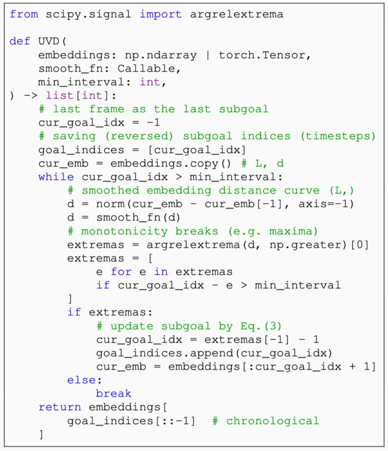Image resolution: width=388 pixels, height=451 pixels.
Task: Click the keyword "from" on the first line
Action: coord(24,14)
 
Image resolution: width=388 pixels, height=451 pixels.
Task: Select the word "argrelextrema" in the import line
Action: coord(237,15)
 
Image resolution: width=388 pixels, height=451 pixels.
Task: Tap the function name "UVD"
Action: coord(48,41)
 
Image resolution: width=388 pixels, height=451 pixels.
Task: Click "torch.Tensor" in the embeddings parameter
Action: coord(262,55)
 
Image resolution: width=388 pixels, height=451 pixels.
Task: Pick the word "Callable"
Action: coord(146,68)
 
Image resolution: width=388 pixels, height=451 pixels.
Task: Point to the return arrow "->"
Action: coord(31,96)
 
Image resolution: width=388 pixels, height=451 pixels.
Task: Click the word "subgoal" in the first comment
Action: coord(243,109)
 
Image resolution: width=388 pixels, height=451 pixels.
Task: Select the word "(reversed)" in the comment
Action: coord(139,136)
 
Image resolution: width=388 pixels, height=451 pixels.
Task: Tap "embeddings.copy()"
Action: coord(171,163)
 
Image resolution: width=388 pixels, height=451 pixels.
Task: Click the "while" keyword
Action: coord(56,177)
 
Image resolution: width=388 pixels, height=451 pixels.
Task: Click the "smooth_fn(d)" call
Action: coord(138,218)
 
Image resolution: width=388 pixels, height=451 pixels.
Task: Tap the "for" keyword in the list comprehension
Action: coord(121,272)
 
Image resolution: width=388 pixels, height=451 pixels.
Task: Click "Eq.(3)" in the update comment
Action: coord(261,326)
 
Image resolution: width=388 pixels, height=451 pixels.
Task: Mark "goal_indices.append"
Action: coord(164,353)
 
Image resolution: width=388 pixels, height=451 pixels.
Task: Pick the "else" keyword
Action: coord(82,380)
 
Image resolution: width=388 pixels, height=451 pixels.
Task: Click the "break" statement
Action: coord(113,394)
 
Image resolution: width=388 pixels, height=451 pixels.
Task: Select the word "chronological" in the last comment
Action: coord(272,421)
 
